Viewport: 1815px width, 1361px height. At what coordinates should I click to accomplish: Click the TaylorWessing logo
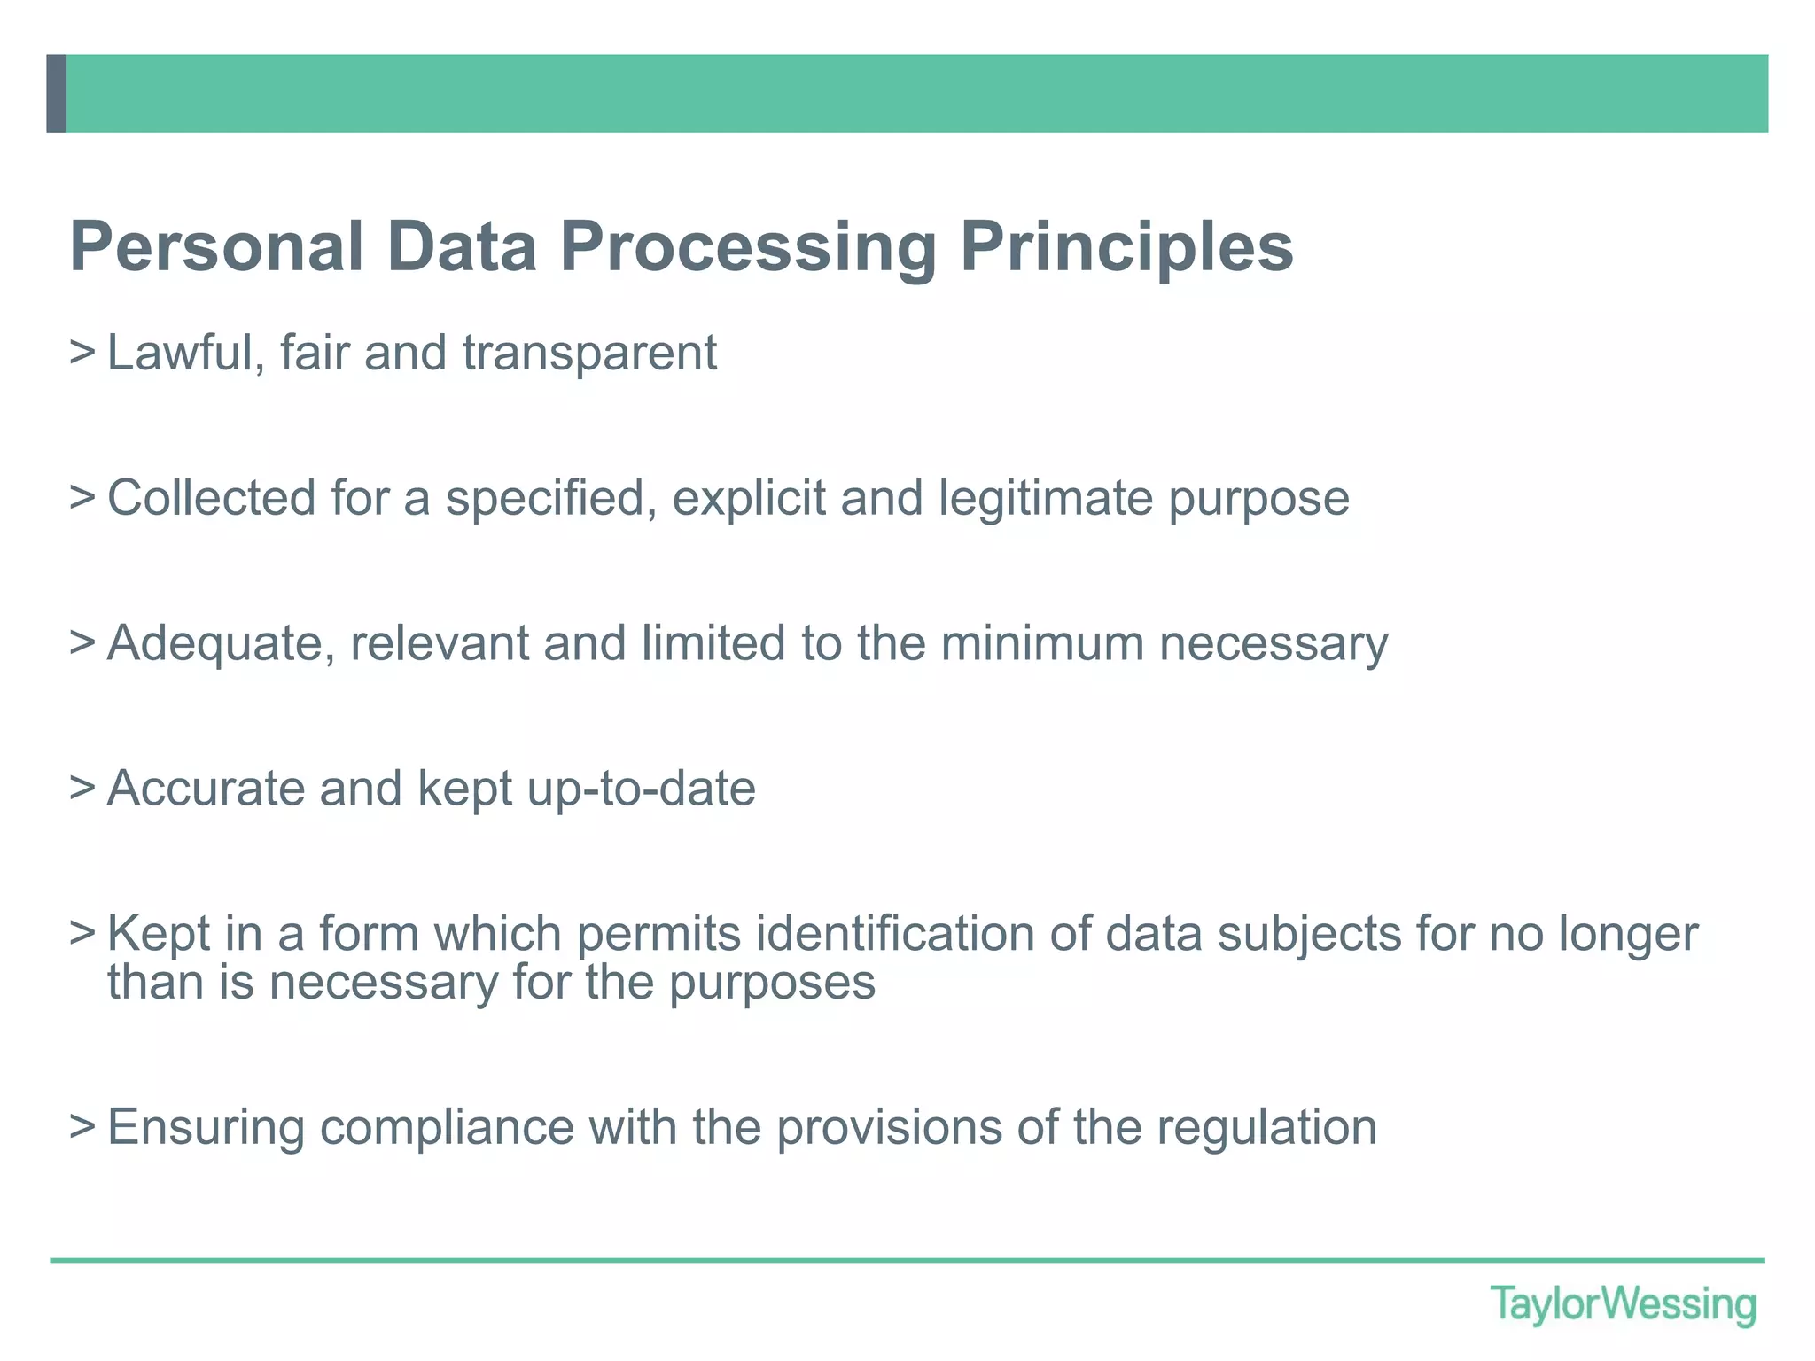(x=1622, y=1304)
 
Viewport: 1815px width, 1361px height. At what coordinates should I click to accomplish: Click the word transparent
(x=589, y=354)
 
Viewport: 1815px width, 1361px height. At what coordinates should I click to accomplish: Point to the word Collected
(x=211, y=498)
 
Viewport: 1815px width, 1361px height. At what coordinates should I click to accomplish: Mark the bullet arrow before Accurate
(x=82, y=787)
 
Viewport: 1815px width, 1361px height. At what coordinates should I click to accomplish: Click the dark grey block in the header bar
(x=56, y=94)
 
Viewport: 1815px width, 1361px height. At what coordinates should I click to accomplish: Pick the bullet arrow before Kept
(x=82, y=932)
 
